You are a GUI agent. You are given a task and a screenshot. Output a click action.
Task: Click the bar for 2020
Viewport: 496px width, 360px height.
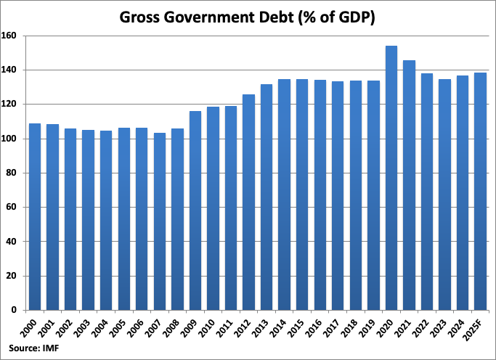[391, 178]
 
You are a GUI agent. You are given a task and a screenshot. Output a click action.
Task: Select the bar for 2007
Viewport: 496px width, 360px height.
[160, 221]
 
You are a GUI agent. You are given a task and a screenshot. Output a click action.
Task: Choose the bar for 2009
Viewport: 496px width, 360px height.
[195, 210]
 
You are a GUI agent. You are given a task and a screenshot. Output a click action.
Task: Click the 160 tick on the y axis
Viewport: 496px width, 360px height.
[11, 36]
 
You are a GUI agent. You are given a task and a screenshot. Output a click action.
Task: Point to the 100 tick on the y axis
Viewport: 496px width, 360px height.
[11, 139]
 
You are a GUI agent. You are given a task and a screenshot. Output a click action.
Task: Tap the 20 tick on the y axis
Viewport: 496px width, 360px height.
[13, 276]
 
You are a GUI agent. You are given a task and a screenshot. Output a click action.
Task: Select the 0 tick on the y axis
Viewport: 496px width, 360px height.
[15, 310]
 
